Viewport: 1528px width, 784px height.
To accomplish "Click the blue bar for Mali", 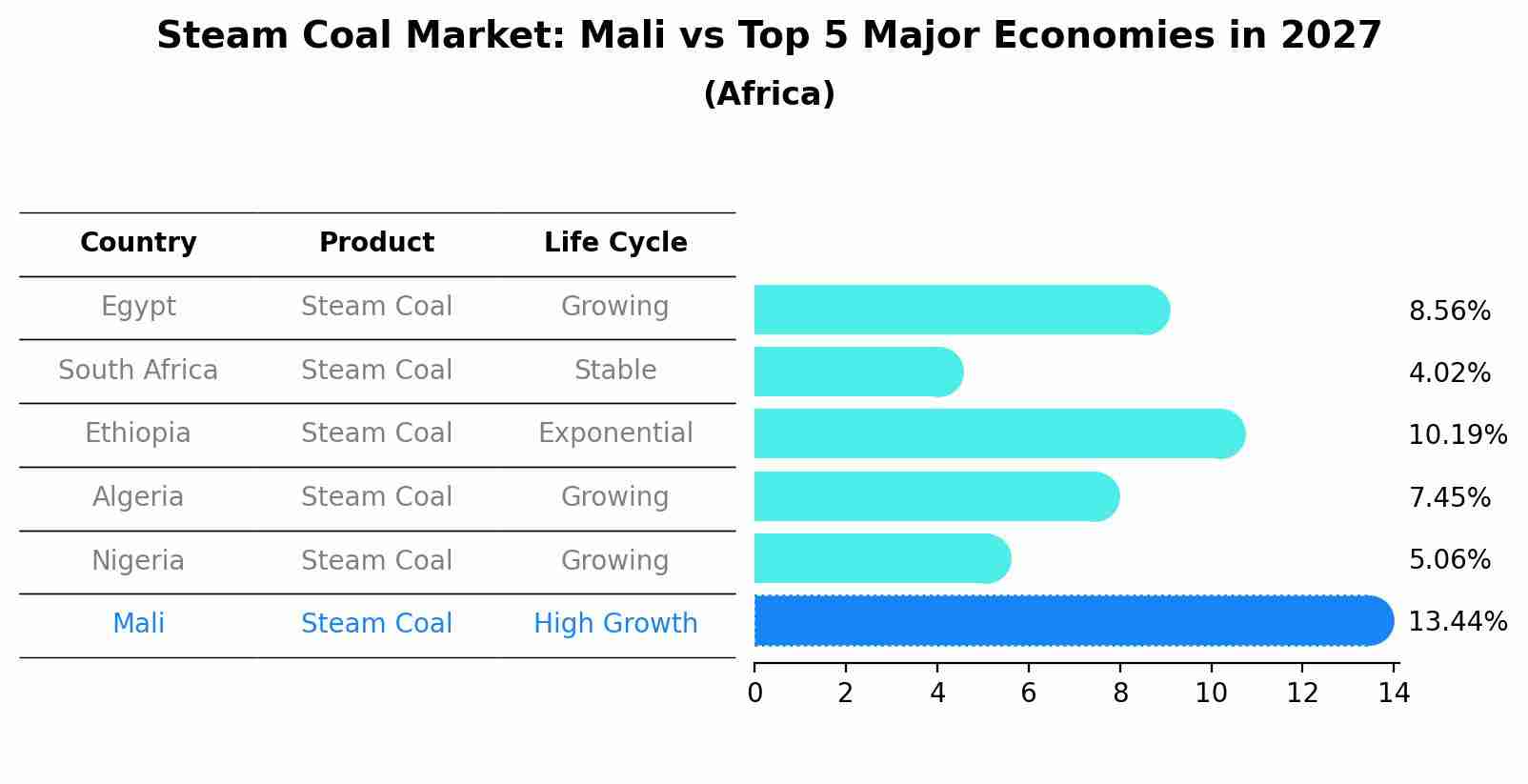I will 1073,620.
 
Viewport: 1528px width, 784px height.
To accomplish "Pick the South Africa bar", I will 857,372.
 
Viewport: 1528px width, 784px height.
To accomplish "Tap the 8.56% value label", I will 1449,312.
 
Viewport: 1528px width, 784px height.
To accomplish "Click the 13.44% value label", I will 1457,622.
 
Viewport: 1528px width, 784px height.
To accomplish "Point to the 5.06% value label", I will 1449,559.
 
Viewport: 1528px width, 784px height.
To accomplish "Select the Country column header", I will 138,243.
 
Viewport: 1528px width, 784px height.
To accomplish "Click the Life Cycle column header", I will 615,243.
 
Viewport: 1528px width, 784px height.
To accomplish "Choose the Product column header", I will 376,243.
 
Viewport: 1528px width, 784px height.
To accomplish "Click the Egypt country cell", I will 138,307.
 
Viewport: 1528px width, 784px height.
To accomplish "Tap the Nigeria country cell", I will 138,560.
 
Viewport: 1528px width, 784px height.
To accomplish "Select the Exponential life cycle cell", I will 615,433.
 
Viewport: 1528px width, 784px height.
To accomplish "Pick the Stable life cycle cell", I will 615,370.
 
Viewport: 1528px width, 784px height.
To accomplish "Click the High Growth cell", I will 615,624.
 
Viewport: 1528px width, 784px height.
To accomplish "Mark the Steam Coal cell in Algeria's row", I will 376,497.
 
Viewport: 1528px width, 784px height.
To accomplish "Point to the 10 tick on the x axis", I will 1211,694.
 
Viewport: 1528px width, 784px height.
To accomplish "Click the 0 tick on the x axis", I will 754,694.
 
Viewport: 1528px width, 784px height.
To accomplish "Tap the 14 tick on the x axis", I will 1394,694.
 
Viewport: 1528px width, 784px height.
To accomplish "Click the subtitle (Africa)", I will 769,94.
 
